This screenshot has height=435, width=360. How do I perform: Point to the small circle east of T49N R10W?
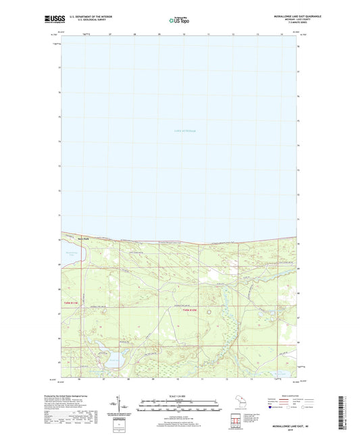209,312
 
